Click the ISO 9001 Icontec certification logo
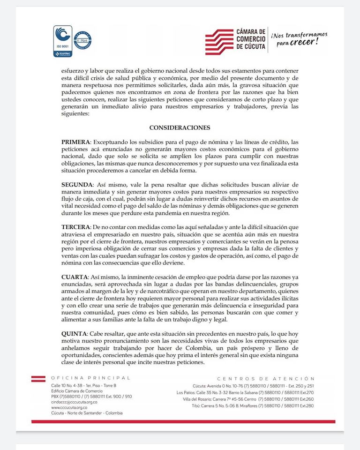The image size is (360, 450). [62, 41]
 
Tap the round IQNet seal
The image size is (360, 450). [82, 40]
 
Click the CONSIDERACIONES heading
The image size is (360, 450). [180, 127]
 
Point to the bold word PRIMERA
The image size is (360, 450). [75, 142]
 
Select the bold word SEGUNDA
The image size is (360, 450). [77, 185]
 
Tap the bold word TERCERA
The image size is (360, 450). [76, 227]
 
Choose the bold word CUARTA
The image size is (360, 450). [75, 277]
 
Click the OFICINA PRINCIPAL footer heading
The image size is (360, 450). [90, 378]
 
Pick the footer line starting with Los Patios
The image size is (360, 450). [245, 392]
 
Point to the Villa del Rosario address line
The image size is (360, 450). [248, 398]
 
